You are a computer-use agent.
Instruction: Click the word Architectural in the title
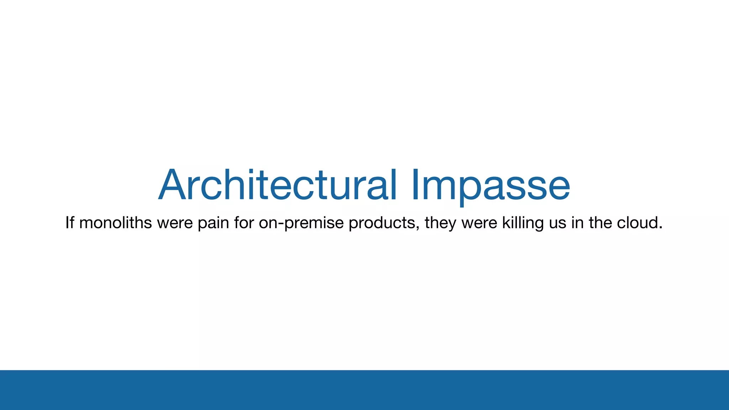click(x=278, y=185)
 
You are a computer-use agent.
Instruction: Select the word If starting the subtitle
click(x=70, y=223)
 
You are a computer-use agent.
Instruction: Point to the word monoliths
click(x=116, y=223)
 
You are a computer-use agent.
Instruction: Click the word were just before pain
click(x=175, y=223)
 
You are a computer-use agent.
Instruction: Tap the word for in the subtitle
click(x=243, y=223)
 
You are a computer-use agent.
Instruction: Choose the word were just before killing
click(x=479, y=223)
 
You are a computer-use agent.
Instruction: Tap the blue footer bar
click(x=364, y=390)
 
